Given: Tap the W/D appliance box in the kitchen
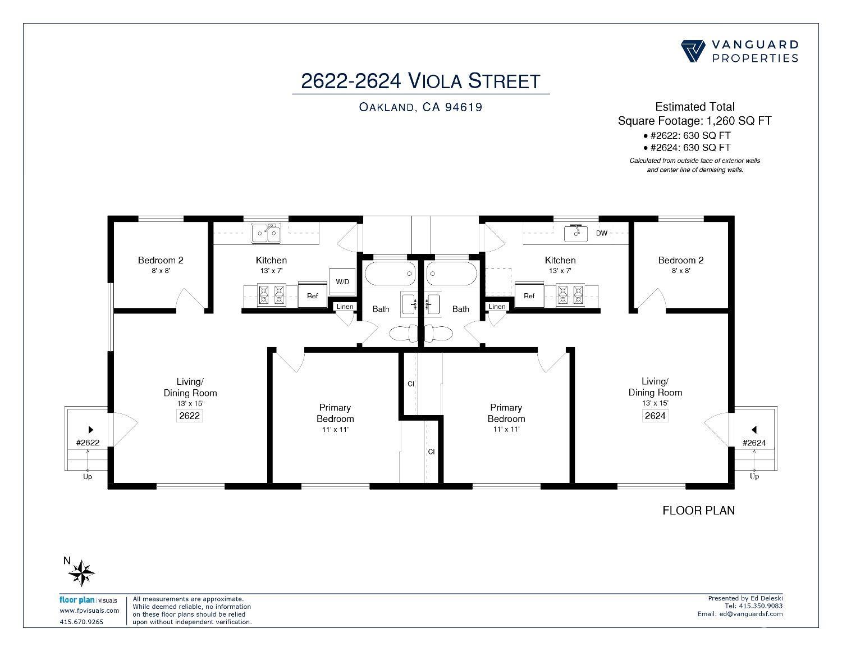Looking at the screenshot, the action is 342,282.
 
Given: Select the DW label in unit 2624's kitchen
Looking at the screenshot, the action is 601,233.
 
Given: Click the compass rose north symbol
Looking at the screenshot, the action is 81,573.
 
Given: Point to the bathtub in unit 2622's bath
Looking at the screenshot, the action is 390,274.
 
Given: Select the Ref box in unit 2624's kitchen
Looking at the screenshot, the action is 529,296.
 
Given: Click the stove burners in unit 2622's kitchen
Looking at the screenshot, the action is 271,295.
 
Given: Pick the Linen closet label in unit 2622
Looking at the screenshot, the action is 345,306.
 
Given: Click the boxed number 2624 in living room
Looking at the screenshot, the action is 655,416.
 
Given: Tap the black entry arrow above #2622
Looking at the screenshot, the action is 91,430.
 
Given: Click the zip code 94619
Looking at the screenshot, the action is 464,107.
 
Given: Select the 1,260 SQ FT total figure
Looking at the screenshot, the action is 739,121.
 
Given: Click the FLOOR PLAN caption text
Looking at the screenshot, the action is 698,510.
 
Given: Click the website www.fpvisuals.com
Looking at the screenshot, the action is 89,611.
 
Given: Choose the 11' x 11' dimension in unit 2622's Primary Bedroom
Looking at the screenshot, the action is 335,429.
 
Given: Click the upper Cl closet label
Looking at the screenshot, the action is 411,384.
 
